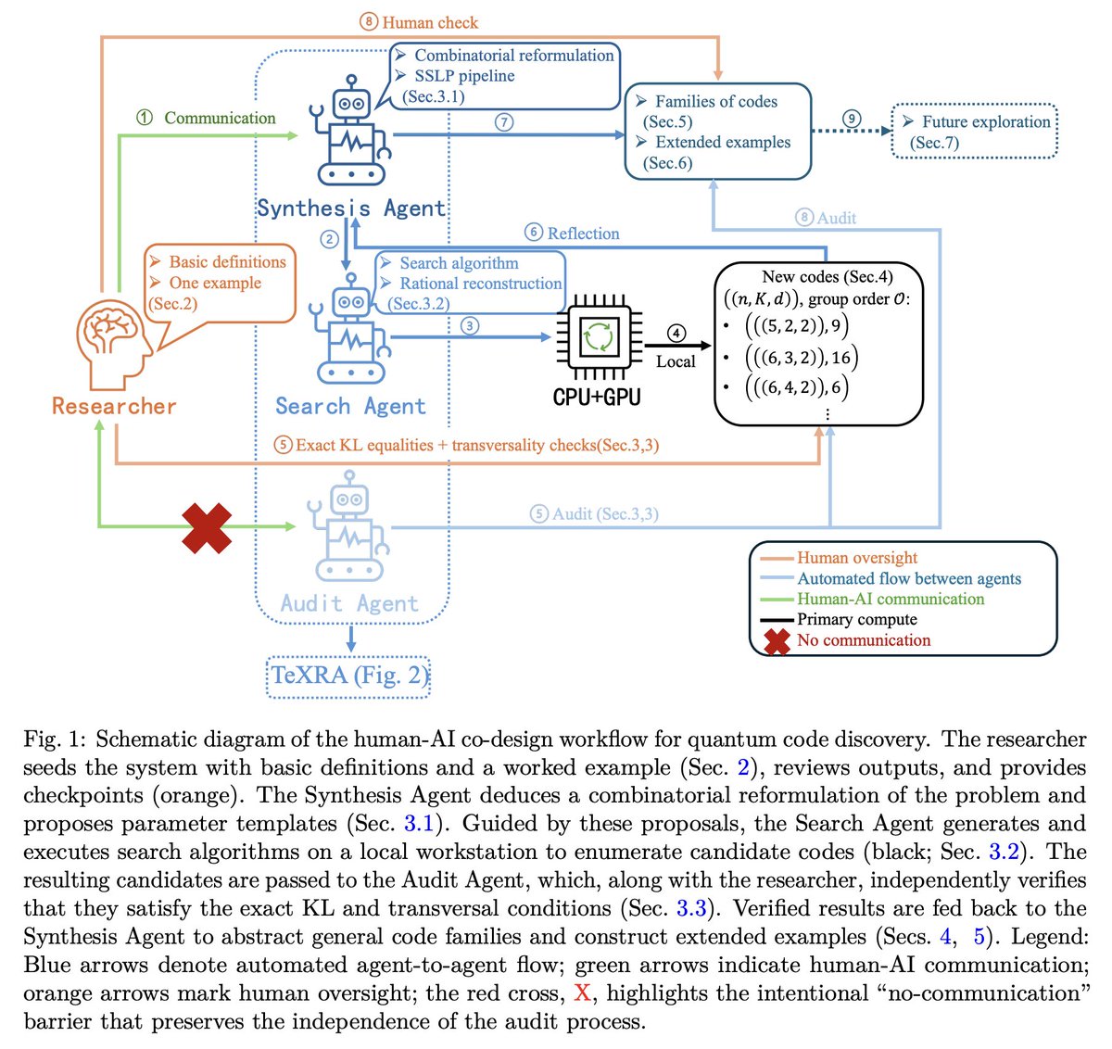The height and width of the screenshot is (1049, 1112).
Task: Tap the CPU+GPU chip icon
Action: point(599,337)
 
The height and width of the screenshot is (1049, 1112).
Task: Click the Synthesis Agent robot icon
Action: point(351,130)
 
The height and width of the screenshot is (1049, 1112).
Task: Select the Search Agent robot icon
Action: point(351,328)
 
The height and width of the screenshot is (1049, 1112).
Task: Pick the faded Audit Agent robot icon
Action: point(348,526)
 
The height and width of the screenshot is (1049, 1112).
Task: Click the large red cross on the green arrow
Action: point(207,528)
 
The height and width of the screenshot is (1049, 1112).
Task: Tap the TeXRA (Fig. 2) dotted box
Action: point(348,676)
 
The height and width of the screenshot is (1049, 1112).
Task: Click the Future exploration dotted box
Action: point(974,131)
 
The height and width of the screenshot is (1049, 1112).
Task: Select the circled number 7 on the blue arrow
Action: point(504,122)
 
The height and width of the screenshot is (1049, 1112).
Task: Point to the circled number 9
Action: point(852,119)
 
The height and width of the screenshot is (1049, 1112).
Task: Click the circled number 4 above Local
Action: point(676,334)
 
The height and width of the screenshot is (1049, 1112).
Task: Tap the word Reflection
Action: point(584,233)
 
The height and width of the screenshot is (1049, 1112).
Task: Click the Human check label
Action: point(430,22)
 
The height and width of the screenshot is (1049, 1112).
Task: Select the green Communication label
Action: point(220,118)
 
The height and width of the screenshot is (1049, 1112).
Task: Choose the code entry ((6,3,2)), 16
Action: point(802,358)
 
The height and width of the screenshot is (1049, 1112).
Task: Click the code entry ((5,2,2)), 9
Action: point(796,326)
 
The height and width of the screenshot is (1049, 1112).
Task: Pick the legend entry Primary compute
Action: point(857,619)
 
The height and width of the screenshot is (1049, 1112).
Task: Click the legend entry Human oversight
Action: point(857,557)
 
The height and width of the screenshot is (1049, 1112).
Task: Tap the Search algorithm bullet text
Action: point(459,262)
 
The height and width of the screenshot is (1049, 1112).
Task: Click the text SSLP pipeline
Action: point(465,76)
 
